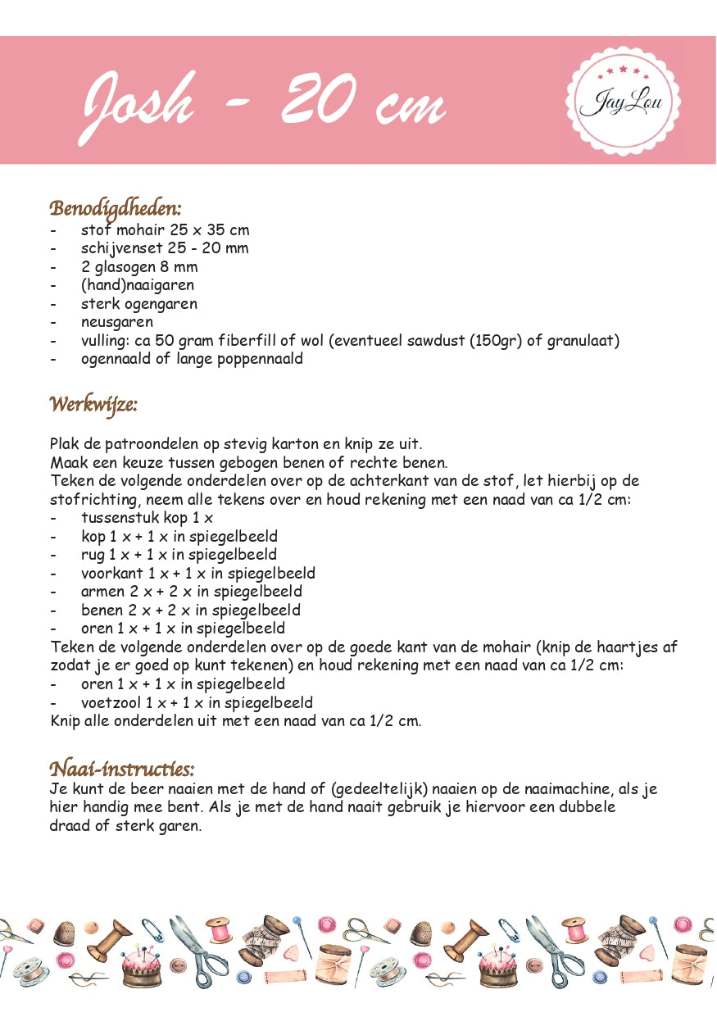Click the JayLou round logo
623,102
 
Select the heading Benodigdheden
116,208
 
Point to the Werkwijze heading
93,404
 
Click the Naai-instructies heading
122,769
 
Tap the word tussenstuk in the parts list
117,518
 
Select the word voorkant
111,574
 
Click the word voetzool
111,703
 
